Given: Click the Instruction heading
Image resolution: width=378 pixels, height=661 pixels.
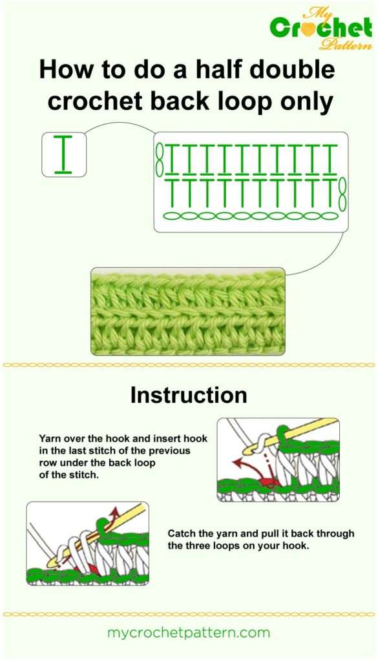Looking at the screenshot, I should coord(188,395).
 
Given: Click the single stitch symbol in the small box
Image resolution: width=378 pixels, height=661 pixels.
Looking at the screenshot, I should coord(63,155).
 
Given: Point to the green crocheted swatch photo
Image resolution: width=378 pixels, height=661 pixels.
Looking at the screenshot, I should coord(187,311).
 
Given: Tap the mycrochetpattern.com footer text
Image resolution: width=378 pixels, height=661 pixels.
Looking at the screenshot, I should coord(188,633).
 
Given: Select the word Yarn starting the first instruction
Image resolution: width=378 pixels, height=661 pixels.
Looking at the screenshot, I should coord(51,436).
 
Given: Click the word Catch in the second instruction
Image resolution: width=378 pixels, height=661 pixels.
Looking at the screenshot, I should coord(182,534).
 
